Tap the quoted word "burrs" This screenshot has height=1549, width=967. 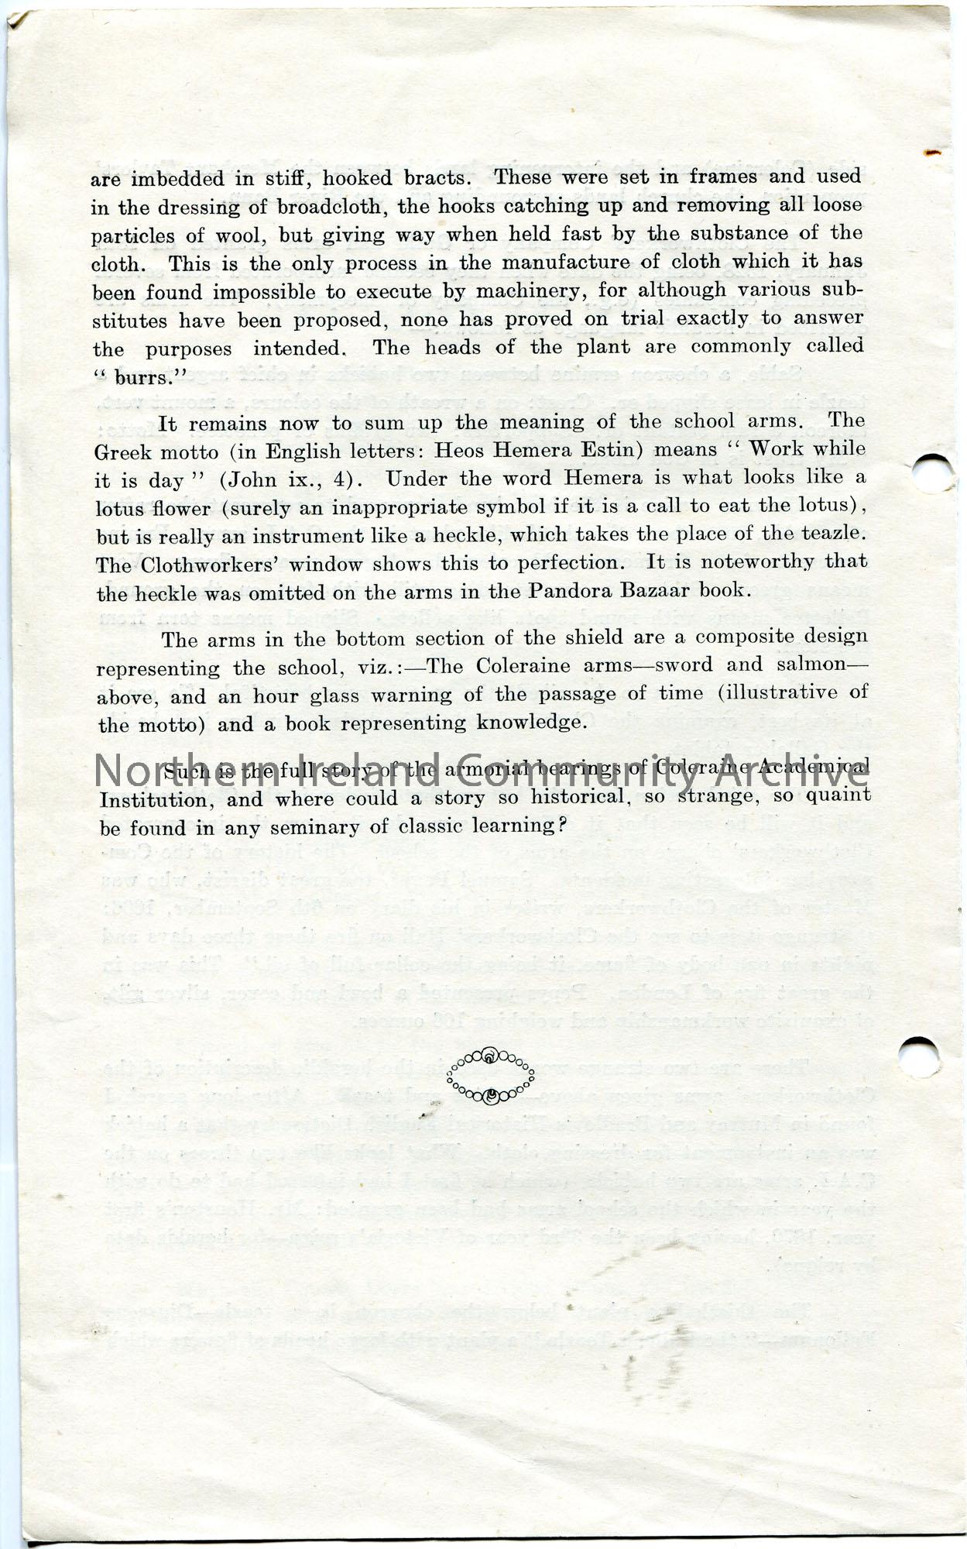[128, 378]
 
